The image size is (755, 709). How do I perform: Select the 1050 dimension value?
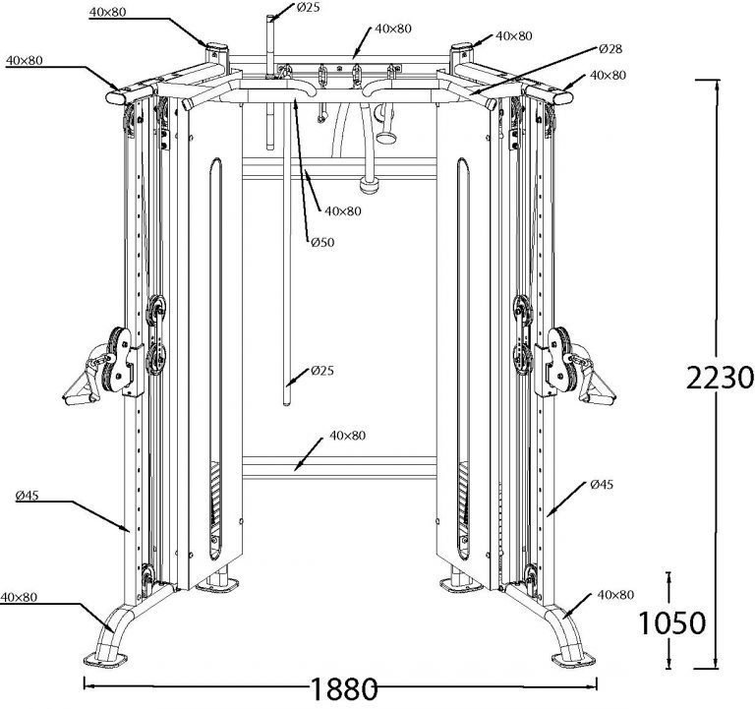pos(670,622)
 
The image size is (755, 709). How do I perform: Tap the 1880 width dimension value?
pos(345,688)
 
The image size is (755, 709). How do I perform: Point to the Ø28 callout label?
pos(610,48)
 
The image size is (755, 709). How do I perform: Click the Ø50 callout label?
pos(321,242)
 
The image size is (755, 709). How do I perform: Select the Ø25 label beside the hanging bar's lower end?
pos(322,371)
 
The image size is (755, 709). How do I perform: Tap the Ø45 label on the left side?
pos(28,496)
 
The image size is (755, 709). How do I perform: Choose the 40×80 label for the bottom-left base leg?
pos(20,596)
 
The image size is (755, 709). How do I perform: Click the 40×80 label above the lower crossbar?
pos(347,435)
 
